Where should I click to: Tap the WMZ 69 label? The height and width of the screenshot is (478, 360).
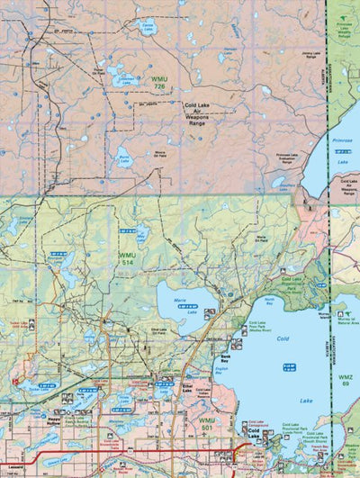pos(345,380)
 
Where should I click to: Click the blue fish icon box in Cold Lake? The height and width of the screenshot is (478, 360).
pos(289,366)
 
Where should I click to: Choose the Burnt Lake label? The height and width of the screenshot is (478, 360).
pos(124,162)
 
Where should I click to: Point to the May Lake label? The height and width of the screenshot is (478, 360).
pos(141,236)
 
